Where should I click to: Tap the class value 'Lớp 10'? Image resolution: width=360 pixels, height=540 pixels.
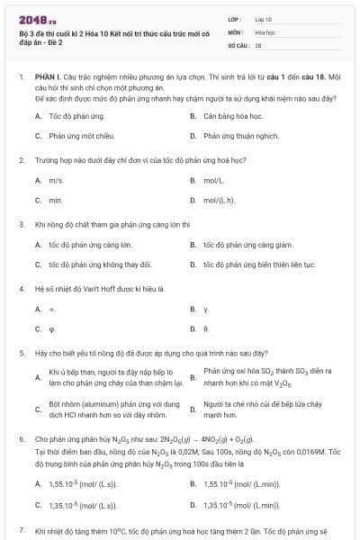[x=264, y=19]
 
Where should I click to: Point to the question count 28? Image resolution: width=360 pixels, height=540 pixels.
[x=258, y=44]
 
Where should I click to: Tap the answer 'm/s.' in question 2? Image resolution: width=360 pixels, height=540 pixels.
[x=56, y=181]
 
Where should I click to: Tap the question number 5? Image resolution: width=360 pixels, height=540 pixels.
[x=21, y=354]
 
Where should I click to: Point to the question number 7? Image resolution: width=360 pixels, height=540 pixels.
[x=21, y=531]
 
